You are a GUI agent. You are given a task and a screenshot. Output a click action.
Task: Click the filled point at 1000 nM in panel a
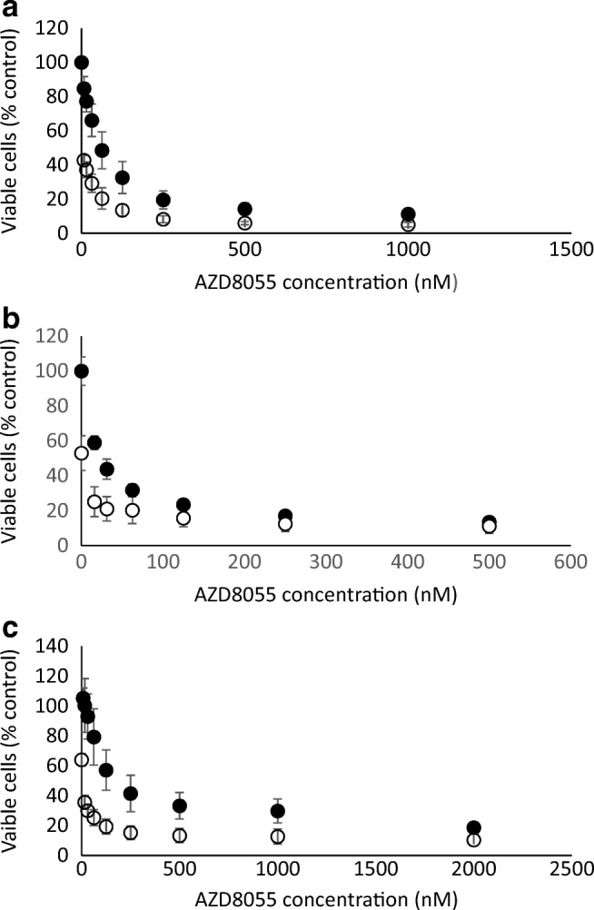point(408,214)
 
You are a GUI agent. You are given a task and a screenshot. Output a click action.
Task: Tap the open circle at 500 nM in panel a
point(244,223)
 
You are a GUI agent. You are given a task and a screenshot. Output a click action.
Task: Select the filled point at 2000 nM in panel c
point(473,827)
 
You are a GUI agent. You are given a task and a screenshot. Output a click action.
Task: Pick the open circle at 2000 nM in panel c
point(473,840)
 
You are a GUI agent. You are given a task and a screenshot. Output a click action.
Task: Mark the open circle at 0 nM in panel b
point(81,453)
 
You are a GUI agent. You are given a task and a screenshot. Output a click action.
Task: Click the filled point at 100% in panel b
point(81,371)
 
